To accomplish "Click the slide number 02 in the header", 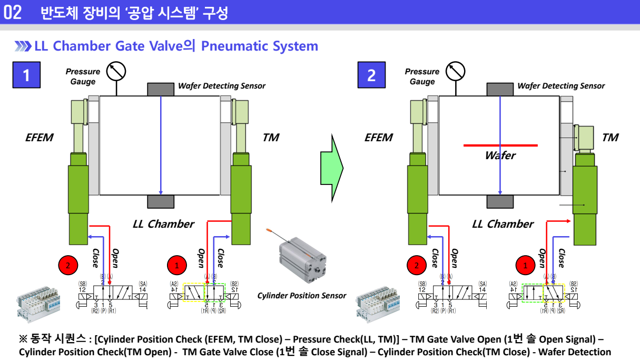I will (13, 13).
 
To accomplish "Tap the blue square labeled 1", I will (26, 75).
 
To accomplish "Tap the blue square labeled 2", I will (371, 75).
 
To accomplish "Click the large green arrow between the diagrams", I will (332, 168).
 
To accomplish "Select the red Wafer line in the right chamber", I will (500, 145).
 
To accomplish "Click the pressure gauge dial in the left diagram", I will (115, 71).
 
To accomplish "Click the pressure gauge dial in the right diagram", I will (455, 71).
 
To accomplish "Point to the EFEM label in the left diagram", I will (39, 138).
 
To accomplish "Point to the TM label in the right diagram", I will (610, 138).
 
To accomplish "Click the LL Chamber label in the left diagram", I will (163, 224).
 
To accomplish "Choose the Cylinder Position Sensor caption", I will (302, 296).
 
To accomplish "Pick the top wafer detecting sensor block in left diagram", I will (161, 90).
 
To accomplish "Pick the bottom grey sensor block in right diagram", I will (500, 201).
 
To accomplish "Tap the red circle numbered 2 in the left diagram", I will (68, 266).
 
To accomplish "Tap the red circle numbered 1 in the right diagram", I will (525, 266).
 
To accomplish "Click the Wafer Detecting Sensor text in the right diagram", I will (561, 86).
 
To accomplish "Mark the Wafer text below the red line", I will (500, 155).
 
